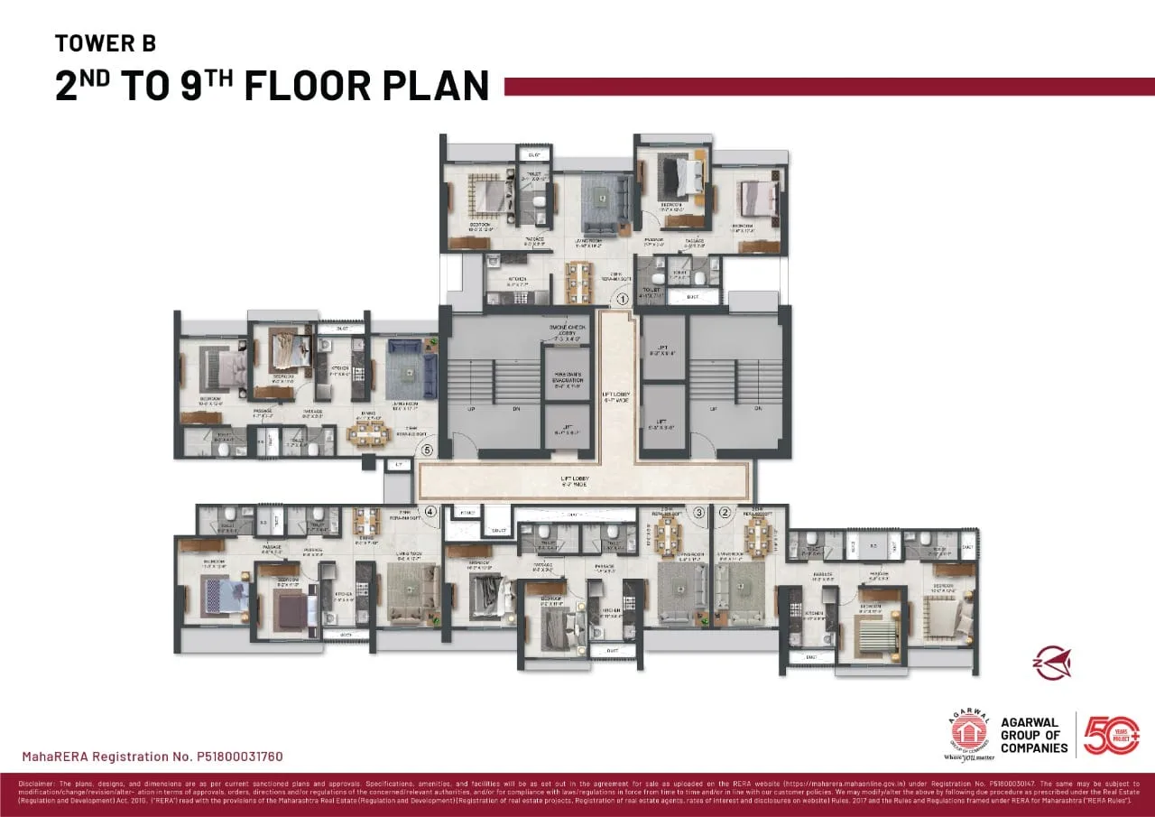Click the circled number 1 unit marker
click(x=622, y=298)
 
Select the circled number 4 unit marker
click(x=430, y=512)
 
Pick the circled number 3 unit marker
click(x=698, y=512)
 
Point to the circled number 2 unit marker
click(x=725, y=512)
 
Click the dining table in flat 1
click(x=577, y=282)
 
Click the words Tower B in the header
click(x=105, y=42)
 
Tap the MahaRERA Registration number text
click(x=152, y=756)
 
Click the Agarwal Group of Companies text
click(x=1034, y=735)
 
